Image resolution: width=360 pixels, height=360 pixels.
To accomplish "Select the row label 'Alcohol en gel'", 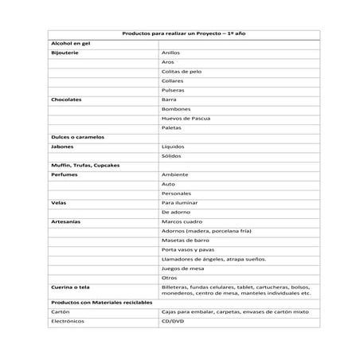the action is click(x=70, y=43).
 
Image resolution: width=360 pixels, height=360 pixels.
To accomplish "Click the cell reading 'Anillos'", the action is click(x=170, y=52).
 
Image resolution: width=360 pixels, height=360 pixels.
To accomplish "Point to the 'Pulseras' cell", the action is click(x=173, y=90).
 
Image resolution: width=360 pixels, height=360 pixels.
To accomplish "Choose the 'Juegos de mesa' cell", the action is click(x=182, y=268).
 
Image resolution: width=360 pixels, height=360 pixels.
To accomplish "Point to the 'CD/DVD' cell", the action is click(x=172, y=322).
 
